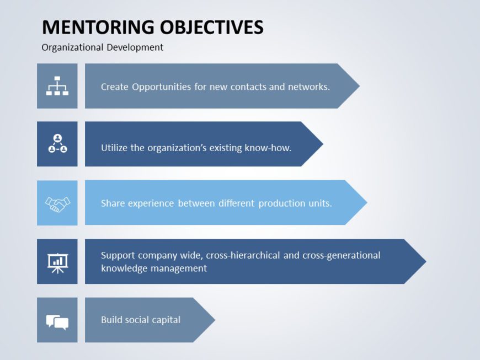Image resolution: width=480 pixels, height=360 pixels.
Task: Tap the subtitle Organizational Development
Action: [102, 47]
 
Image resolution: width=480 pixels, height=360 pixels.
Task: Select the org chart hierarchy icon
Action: [57, 86]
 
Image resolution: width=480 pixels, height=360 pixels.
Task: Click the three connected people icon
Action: [57, 144]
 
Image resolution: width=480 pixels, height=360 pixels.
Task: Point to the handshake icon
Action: [57, 203]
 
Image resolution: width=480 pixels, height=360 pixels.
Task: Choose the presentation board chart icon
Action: [57, 262]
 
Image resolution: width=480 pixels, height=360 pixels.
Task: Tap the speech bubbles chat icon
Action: [57, 321]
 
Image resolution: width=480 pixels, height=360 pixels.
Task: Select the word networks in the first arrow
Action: [308, 87]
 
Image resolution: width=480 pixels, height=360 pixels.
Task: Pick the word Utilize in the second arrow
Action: [114, 148]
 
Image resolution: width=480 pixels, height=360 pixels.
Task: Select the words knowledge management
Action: [154, 268]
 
